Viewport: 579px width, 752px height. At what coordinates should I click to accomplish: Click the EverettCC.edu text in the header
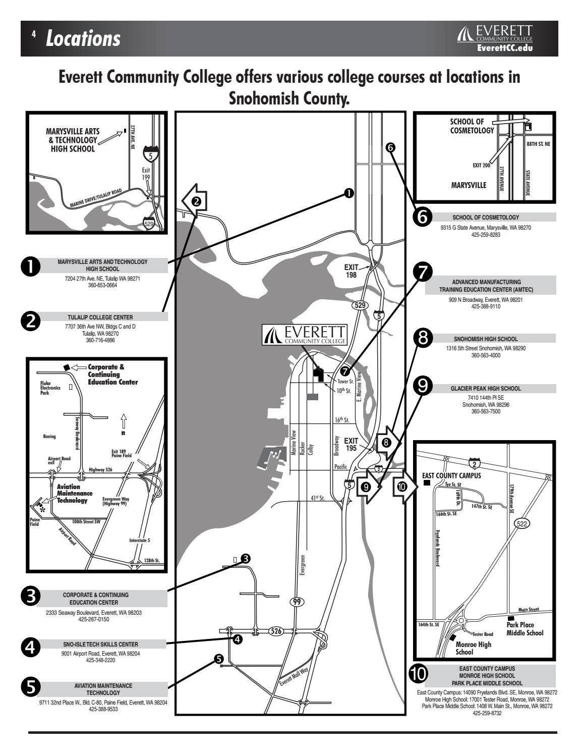point(504,48)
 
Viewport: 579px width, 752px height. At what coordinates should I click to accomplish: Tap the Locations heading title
point(83,38)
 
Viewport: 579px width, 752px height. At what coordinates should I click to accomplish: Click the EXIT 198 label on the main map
point(351,271)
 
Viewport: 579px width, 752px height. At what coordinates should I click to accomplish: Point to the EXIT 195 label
point(351,444)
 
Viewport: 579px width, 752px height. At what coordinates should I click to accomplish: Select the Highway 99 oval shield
point(297,601)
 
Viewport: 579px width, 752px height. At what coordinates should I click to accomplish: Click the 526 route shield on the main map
point(275,631)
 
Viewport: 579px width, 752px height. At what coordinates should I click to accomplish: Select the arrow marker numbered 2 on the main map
point(194,201)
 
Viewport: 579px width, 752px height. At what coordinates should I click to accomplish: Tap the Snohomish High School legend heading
point(485,339)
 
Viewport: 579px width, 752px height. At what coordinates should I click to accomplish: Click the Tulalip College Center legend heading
point(100,317)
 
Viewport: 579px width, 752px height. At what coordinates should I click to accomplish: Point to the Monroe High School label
point(473,648)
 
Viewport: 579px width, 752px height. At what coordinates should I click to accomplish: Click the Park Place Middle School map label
point(525,629)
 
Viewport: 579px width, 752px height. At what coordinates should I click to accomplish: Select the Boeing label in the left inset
point(49,437)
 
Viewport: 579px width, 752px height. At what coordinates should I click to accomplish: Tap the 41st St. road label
point(317,498)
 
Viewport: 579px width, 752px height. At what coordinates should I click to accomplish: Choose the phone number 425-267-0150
point(94,619)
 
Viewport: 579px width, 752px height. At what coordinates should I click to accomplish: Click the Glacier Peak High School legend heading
point(485,389)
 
